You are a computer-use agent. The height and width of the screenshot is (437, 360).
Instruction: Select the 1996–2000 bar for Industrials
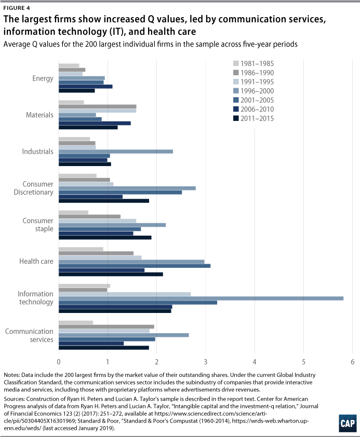click(x=115, y=151)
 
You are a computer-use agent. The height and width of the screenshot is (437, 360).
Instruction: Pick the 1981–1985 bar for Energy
click(x=69, y=65)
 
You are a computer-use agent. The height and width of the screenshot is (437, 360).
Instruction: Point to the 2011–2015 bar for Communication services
click(x=103, y=348)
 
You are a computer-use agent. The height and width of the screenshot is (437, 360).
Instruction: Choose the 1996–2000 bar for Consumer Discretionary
click(x=127, y=188)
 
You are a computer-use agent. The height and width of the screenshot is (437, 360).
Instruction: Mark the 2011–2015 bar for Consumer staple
click(x=105, y=238)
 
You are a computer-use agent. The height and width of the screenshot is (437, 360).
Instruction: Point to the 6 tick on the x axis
click(x=352, y=362)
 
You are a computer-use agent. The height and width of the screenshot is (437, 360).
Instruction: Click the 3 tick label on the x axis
click(x=205, y=362)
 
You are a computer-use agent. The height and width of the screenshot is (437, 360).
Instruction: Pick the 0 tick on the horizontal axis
click(x=59, y=362)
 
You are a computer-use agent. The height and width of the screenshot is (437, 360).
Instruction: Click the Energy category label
click(x=43, y=78)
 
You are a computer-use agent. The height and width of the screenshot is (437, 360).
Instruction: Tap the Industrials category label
click(x=37, y=152)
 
